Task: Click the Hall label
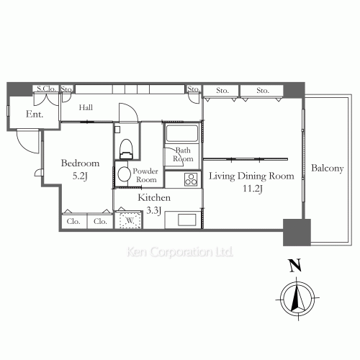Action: pyautogui.click(x=86, y=108)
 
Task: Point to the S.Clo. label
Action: pyautogui.click(x=46, y=89)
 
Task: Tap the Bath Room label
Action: pyautogui.click(x=184, y=154)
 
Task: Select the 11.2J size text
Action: pyautogui.click(x=252, y=189)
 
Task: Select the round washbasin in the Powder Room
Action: pyautogui.click(x=122, y=174)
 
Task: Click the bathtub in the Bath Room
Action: pyautogui.click(x=183, y=134)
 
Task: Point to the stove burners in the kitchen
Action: pyautogui.click(x=192, y=179)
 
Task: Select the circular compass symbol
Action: pyautogui.click(x=295, y=297)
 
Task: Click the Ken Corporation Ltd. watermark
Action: pyautogui.click(x=180, y=253)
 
